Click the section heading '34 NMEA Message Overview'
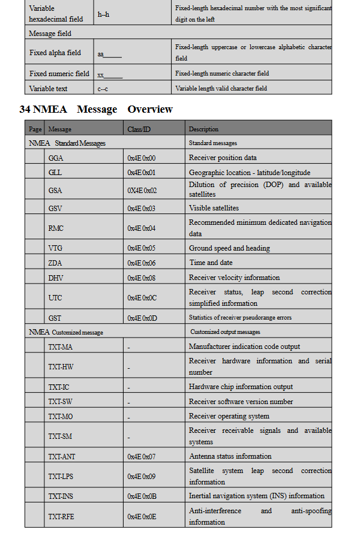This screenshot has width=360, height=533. coord(96,109)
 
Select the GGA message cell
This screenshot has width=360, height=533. coord(56,158)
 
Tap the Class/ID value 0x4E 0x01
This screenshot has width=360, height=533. coord(141,173)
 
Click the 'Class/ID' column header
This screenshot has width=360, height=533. coord(139,129)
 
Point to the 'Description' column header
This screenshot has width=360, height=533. coord(203,129)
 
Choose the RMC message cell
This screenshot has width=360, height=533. coord(56,228)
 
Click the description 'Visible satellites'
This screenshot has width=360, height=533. coord(214,208)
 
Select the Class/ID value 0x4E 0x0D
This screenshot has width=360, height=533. coord(142,318)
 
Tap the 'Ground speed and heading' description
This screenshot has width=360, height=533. coord(229,248)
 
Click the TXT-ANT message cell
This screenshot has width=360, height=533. coord(62,457)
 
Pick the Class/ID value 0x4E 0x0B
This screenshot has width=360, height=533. coord(142,496)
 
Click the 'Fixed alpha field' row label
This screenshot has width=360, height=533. coord(55,53)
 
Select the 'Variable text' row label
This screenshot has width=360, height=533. coord(49,89)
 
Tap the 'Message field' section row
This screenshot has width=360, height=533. coord(50,34)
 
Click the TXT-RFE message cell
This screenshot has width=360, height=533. coord(62,516)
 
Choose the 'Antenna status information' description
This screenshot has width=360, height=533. coord(230,456)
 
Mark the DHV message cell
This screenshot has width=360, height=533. coord(56,278)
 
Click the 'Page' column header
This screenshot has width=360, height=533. coord(35,129)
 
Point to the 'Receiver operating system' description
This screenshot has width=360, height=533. coord(229,416)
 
